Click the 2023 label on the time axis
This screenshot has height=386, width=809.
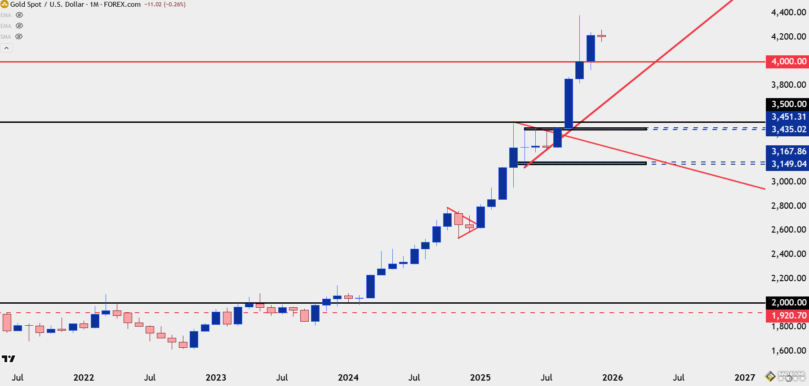click(216, 378)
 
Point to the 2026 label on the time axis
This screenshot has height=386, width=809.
click(612, 378)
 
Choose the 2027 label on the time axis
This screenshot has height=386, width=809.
click(744, 378)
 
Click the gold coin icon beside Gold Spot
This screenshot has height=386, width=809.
click(4, 4)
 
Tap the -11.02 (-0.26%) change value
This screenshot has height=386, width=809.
click(165, 4)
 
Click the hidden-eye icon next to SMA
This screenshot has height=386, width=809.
click(19, 37)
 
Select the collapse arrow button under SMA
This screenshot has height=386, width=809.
click(7, 48)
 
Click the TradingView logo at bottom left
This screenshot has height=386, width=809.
click(9, 359)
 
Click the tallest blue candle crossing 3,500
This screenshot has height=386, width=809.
click(569, 103)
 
